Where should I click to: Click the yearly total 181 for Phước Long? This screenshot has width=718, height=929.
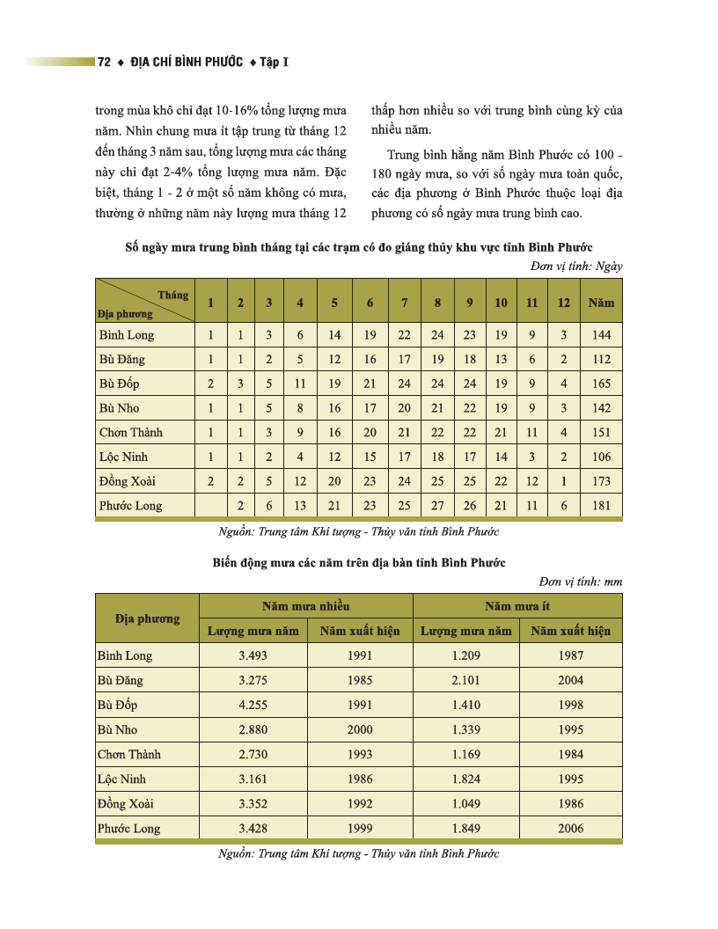pos(602,506)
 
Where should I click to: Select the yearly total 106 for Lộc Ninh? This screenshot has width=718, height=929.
pos(602,457)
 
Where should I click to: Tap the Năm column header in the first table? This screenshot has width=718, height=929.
pos(602,303)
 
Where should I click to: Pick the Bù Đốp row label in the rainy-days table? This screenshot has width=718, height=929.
pos(120,384)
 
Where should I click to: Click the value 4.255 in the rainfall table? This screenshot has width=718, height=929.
pos(253,705)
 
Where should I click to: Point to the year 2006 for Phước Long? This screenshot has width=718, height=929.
pos(570,828)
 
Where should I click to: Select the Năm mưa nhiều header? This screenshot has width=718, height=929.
pos(305,606)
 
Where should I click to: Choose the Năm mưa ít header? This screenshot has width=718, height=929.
pos(517,606)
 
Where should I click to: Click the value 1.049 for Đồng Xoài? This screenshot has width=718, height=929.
pos(466,803)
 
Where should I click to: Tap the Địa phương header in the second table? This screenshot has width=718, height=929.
pos(147,618)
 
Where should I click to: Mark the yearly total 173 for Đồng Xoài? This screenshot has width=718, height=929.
pos(602,481)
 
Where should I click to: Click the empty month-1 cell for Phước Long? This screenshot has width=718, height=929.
pos(210,506)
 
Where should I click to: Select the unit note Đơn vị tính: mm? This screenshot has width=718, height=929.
pos(580,581)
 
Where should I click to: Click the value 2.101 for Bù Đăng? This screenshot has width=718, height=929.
pos(466,680)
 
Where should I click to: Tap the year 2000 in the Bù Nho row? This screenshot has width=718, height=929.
pos(360,729)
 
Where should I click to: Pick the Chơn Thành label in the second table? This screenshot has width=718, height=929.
pos(129,754)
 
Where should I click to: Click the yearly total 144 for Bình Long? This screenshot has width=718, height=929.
pos(602,334)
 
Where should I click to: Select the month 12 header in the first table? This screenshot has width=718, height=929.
pos(563,303)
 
